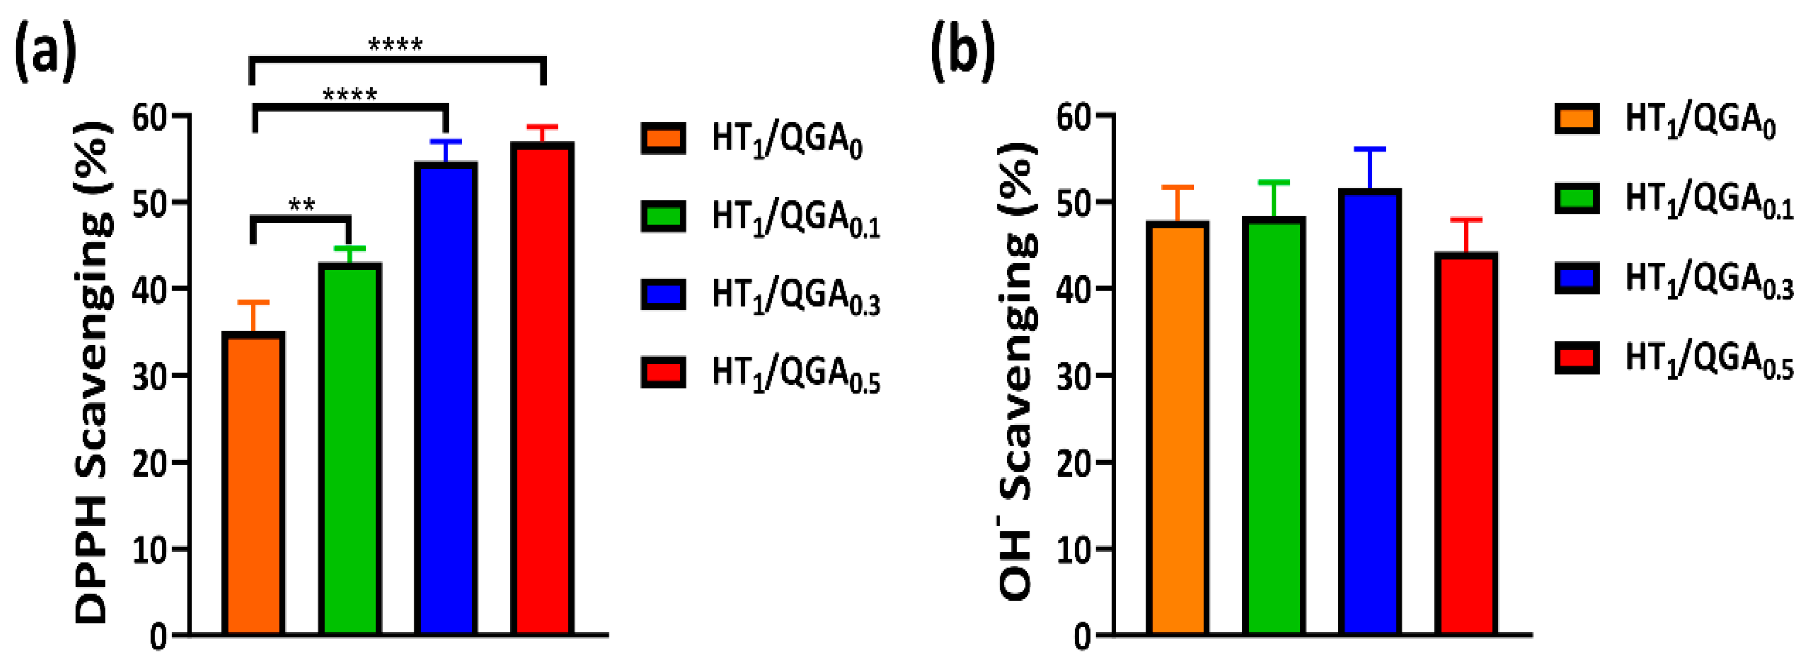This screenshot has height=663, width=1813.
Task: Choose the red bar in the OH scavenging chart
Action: [1466, 444]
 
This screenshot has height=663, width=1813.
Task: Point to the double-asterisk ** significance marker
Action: [302, 205]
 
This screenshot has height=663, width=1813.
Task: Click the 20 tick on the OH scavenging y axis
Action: [1075, 462]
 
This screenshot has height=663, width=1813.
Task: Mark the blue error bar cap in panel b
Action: [1370, 149]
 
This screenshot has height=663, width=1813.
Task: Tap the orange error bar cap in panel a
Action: [253, 302]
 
